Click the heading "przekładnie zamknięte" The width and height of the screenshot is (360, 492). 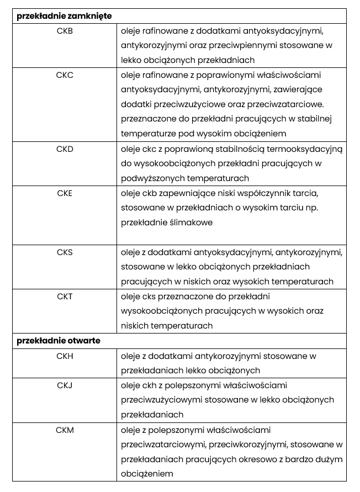point(65,17)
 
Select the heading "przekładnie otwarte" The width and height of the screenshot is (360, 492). point(59,341)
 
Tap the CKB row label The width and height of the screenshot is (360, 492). point(65,31)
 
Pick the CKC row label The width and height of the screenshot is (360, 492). point(65,75)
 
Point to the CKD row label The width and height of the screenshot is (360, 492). point(65,149)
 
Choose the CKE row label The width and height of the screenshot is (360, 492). point(65,193)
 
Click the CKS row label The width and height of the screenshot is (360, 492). point(65,252)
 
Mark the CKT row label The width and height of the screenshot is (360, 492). point(65,297)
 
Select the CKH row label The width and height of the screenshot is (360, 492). point(65,356)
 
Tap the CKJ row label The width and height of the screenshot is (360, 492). point(65,385)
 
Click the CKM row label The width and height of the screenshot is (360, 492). point(65,430)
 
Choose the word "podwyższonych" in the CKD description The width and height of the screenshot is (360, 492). point(151,178)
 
